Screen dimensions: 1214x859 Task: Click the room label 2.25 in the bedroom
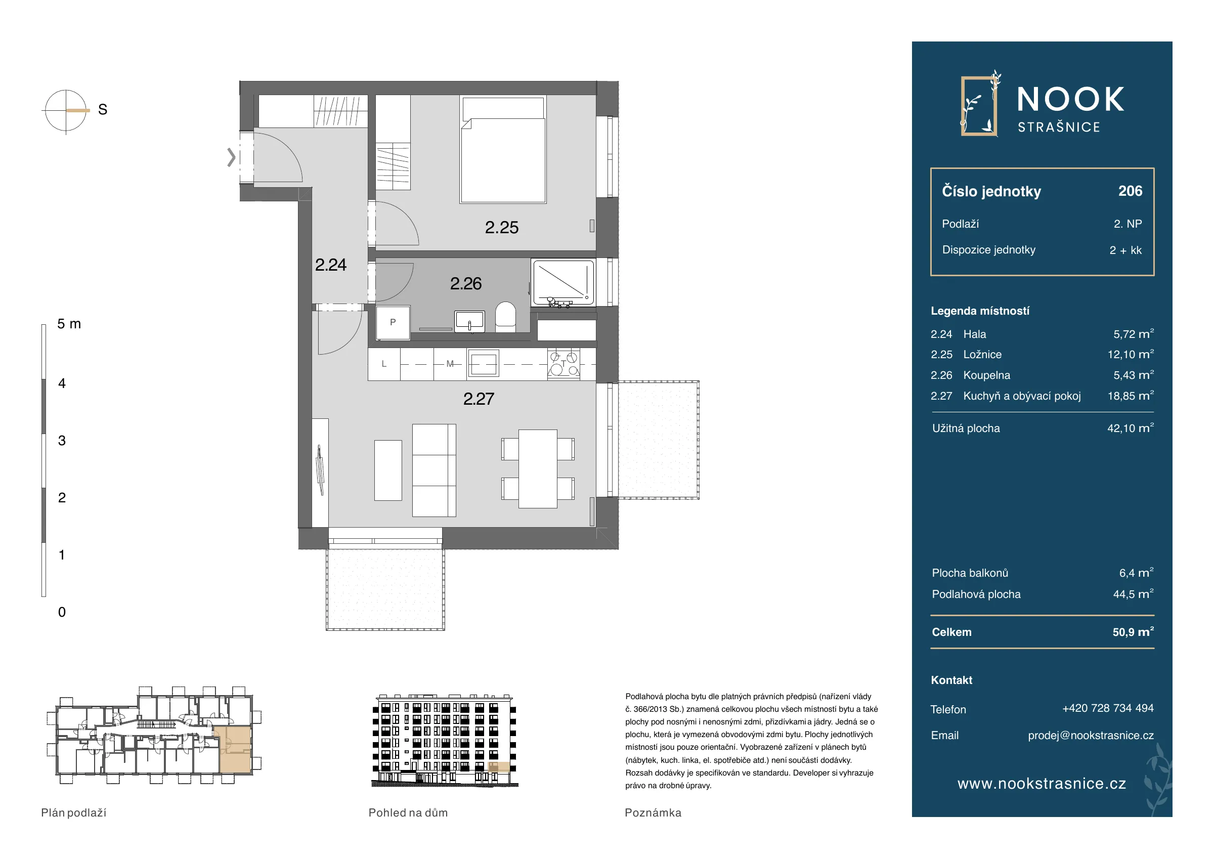501,228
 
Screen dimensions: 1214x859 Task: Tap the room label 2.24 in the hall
330,265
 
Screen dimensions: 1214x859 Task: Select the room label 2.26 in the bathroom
465,283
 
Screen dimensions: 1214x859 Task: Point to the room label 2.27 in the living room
479,399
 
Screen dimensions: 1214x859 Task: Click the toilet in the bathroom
505,317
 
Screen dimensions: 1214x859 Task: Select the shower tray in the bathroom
563,283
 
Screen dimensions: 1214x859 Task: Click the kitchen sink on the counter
483,364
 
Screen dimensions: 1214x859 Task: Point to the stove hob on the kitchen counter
563,363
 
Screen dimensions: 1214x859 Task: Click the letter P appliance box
393,323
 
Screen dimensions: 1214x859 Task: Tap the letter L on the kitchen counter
384,364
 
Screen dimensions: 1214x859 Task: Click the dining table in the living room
538,468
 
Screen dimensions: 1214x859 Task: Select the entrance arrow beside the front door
231,157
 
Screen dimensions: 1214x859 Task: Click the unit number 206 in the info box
1130,191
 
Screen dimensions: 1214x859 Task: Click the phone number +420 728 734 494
1108,708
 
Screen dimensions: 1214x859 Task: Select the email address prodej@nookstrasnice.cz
1091,735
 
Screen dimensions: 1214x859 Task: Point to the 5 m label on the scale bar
69,324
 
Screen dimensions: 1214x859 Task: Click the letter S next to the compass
103,109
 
